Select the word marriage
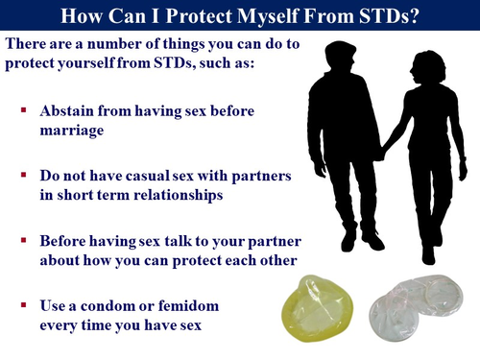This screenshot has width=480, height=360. tap(73, 130)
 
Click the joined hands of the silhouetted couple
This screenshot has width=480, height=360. tap(380, 152)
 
